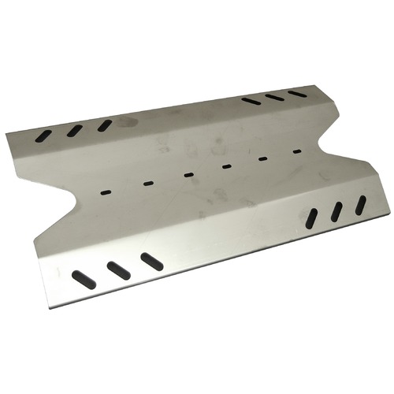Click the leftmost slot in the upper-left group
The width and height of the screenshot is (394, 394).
pyautogui.click(x=43, y=136)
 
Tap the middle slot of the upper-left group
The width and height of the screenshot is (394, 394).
pyautogui.click(x=75, y=131)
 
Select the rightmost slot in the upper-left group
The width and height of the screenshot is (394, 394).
pyautogui.click(x=105, y=125)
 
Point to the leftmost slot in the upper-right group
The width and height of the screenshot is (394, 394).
pyautogui.click(x=251, y=101)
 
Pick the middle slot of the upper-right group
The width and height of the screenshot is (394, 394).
pyautogui.click(x=274, y=97)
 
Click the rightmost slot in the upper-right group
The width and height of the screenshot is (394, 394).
pyautogui.click(x=297, y=94)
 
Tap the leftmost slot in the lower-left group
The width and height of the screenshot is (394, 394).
pyautogui.click(x=84, y=279)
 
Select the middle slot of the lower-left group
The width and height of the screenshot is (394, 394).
pyautogui.click(x=119, y=270)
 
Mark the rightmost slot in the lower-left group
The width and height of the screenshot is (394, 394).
pyautogui.click(x=152, y=262)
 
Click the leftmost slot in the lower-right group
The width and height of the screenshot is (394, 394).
pyautogui.click(x=311, y=219)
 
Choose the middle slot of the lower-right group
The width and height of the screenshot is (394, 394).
pyautogui.click(x=336, y=212)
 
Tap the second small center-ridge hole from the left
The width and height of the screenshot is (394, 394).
pyautogui.click(x=148, y=183)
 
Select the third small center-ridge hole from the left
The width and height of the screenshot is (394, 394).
pyautogui.click(x=188, y=175)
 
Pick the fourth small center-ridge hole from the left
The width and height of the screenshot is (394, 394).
pyautogui.click(x=226, y=166)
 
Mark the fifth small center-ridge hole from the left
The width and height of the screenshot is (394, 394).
pyautogui.click(x=263, y=158)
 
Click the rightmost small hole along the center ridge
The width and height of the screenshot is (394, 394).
pyautogui.click(x=297, y=151)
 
